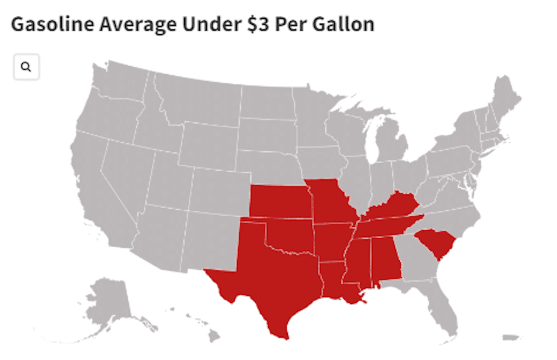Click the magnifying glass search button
26,67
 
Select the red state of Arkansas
332,242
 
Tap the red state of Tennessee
385,228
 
